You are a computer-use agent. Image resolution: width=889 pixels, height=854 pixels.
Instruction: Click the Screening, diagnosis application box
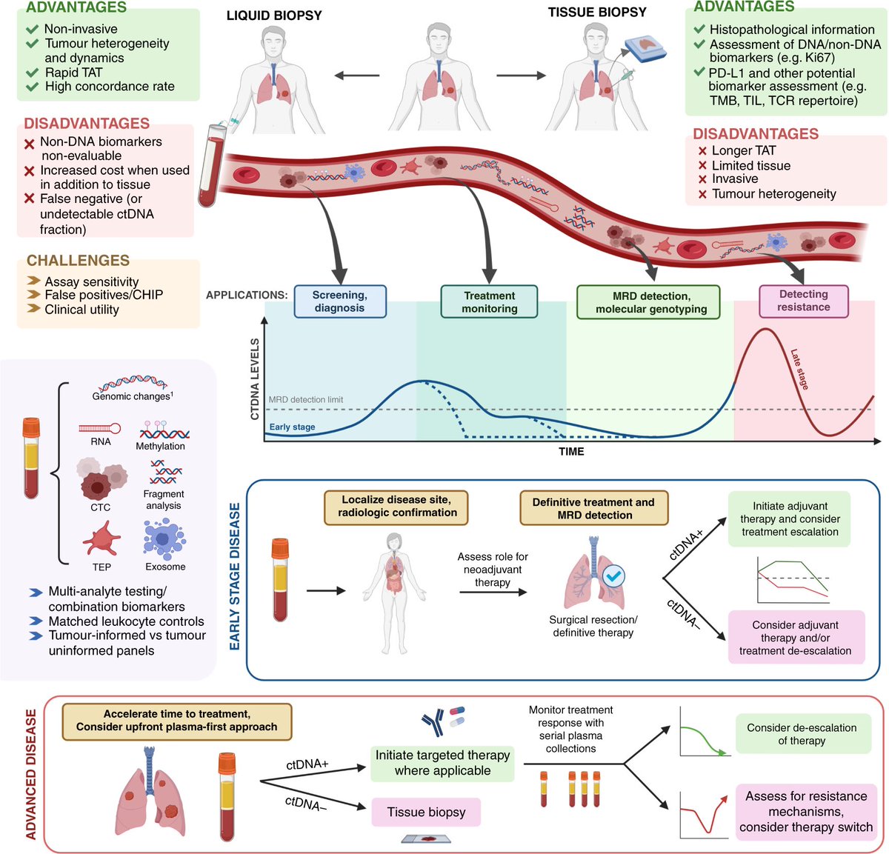point(340,301)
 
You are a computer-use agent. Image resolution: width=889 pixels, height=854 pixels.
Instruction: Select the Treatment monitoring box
point(489,301)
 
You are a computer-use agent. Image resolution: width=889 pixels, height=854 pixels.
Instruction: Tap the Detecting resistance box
point(804,301)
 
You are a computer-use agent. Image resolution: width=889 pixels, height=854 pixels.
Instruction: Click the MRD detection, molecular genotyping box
point(648,302)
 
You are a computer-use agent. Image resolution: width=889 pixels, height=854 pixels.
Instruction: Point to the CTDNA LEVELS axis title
point(255,379)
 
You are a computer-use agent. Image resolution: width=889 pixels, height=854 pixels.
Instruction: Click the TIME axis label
point(571,451)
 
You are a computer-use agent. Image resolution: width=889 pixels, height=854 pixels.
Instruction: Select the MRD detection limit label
point(305,400)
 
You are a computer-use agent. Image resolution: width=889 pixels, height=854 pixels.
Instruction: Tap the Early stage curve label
point(292,427)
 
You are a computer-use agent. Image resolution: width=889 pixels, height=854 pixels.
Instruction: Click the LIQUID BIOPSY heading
point(274,16)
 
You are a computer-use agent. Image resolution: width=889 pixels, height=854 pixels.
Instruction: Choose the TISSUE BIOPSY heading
point(597,13)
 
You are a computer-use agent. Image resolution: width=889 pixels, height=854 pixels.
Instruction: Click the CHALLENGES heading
point(78,261)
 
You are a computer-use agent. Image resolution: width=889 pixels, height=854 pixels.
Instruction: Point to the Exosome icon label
point(165,567)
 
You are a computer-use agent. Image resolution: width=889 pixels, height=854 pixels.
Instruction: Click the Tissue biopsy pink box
point(426,812)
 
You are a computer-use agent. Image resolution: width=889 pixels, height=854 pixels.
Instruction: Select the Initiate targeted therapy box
point(442,763)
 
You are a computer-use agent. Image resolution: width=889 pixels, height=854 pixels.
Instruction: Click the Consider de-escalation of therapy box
point(802,734)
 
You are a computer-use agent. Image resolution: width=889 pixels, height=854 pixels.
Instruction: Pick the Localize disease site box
point(397,507)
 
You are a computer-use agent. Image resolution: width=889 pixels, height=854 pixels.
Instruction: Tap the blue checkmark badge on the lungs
point(613,576)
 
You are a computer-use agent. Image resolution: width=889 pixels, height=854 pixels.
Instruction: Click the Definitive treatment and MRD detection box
point(593,509)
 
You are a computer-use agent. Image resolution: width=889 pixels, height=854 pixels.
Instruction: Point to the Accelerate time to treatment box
point(176,721)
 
